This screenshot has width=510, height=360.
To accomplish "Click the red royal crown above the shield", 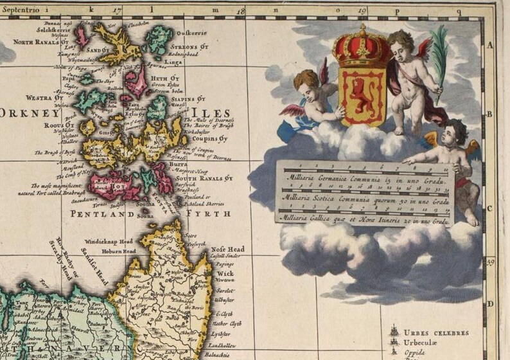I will (x=362, y=48).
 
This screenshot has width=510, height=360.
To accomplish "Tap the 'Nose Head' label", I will (x=227, y=249).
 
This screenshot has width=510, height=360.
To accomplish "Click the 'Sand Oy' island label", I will (x=98, y=50).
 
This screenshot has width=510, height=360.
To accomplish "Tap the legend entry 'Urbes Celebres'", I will (x=436, y=333).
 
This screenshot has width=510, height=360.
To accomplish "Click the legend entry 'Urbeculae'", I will (x=425, y=344).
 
